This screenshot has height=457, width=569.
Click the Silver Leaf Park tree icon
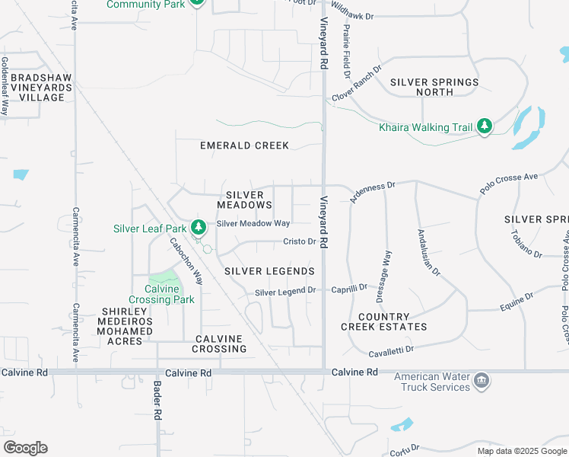(x=199, y=227)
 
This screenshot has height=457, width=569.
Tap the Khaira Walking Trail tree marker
(x=485, y=126)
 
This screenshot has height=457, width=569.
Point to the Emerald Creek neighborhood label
(x=245, y=145)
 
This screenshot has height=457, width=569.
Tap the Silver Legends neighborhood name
(x=269, y=271)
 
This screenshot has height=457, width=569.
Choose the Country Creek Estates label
(x=384, y=321)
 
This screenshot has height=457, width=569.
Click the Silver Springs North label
(x=435, y=87)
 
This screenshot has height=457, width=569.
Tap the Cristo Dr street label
(x=299, y=241)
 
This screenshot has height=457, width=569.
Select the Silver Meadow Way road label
(x=253, y=223)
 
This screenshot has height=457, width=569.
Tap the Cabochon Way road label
(x=186, y=261)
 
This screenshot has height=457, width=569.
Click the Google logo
(x=25, y=448)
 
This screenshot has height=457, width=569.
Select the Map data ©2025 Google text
(x=521, y=451)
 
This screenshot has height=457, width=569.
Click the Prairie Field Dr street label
(x=346, y=52)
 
